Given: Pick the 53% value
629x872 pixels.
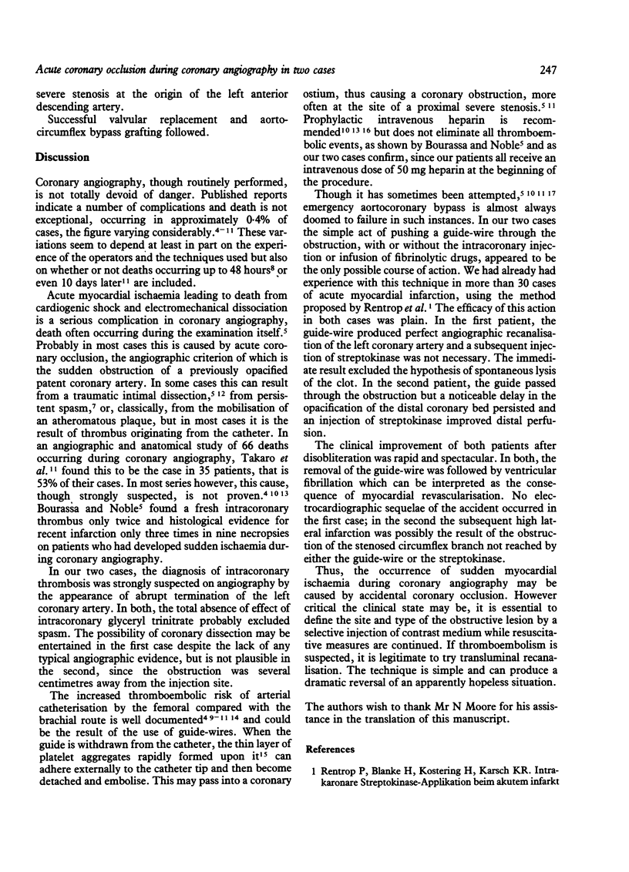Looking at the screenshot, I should [x=53, y=471].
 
